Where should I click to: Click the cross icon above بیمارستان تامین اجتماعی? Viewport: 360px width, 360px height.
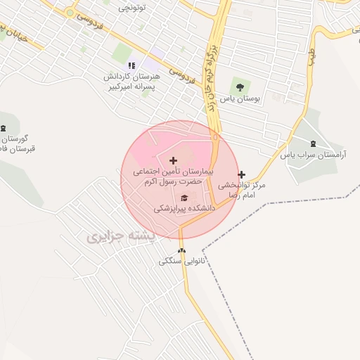(174, 161)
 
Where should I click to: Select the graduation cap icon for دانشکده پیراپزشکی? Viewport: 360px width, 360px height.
(184, 198)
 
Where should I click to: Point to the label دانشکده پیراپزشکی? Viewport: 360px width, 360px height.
(184, 209)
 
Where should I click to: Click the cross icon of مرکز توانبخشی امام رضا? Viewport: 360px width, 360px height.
(242, 174)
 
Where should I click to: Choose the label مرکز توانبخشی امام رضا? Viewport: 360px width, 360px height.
(241, 190)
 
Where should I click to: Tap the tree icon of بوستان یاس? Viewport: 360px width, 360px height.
(240, 87)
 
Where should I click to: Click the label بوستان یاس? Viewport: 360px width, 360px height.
(240, 100)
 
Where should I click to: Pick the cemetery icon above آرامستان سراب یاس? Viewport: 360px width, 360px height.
(312, 143)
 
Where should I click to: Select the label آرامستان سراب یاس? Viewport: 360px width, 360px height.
(313, 155)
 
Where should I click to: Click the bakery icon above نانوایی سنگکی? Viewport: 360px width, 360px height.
(182, 250)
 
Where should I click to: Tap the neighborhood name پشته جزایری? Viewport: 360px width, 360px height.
(115, 237)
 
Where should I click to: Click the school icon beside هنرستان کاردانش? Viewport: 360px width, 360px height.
(131, 65)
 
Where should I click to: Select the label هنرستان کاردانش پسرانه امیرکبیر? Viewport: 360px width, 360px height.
(132, 82)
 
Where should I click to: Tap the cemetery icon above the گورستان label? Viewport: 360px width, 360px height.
(4, 127)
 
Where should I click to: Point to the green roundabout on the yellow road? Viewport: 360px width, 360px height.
(70, 13)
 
